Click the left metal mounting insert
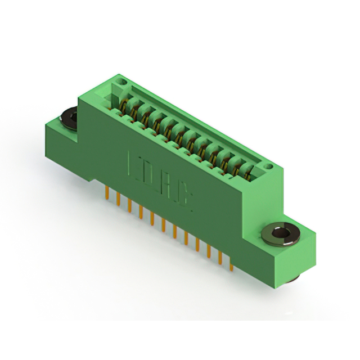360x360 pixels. (69, 118)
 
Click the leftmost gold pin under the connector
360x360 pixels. (106, 193)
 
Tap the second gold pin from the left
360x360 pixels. (118, 199)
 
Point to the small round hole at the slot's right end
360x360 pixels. (269, 166)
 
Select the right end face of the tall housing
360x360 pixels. (264, 194)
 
